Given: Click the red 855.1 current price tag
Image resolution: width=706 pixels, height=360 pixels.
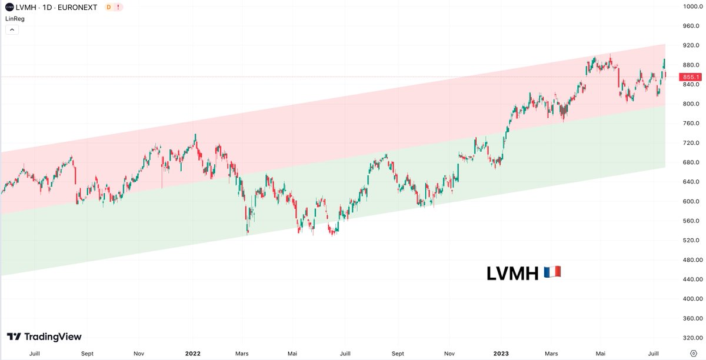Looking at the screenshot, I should point(690,77).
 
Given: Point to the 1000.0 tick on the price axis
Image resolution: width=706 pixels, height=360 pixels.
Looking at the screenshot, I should point(690,6).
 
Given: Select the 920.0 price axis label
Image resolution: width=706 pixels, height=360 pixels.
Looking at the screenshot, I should point(690,45).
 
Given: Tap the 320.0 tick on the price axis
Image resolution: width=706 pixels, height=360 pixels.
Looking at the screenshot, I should point(690,338).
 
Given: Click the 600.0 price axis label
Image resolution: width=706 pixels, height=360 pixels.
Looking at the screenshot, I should point(690,201).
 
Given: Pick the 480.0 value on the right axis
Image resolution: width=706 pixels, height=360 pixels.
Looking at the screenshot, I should point(690,259).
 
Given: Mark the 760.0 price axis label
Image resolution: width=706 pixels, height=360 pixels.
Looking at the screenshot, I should point(690,124).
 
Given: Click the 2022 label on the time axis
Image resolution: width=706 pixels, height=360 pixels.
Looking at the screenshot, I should point(193,354).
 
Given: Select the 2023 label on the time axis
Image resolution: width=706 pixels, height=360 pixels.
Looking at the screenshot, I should point(501,354).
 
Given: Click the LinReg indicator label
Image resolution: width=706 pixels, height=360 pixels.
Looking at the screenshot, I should point(15,18).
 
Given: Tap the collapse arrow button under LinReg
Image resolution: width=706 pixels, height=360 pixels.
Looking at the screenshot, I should point(12,29).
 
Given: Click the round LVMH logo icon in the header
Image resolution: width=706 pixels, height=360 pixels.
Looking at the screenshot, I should point(9,7).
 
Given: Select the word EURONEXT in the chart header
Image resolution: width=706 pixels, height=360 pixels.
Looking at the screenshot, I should point(78,7).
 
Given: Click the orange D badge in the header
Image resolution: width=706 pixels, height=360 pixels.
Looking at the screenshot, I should point(108,7).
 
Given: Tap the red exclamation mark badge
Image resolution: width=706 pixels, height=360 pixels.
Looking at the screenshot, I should point(119,7).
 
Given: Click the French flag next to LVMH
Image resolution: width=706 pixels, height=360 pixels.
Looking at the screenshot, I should point(552,272).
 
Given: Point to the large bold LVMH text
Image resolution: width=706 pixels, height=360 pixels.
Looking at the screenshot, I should point(512,273).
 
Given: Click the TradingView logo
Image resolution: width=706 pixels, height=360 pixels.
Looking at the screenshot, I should point(44,337).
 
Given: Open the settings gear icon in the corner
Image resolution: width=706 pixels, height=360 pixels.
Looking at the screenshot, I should point(694,354).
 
